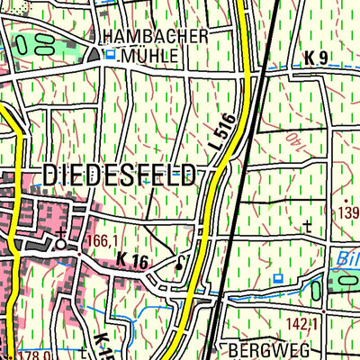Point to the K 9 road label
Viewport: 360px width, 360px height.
pos(316,58)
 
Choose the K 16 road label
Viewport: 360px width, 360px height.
pos(131,261)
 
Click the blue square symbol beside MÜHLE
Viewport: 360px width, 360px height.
pos(111,55)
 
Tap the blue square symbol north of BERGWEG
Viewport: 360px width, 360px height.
pos(277,278)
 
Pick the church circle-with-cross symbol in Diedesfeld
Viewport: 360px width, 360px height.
pos(60,242)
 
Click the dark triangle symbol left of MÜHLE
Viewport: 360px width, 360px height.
pos(94,55)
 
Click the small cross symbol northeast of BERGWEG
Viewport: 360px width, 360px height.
pos(308,225)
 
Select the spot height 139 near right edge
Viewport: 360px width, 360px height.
pos(349,212)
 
